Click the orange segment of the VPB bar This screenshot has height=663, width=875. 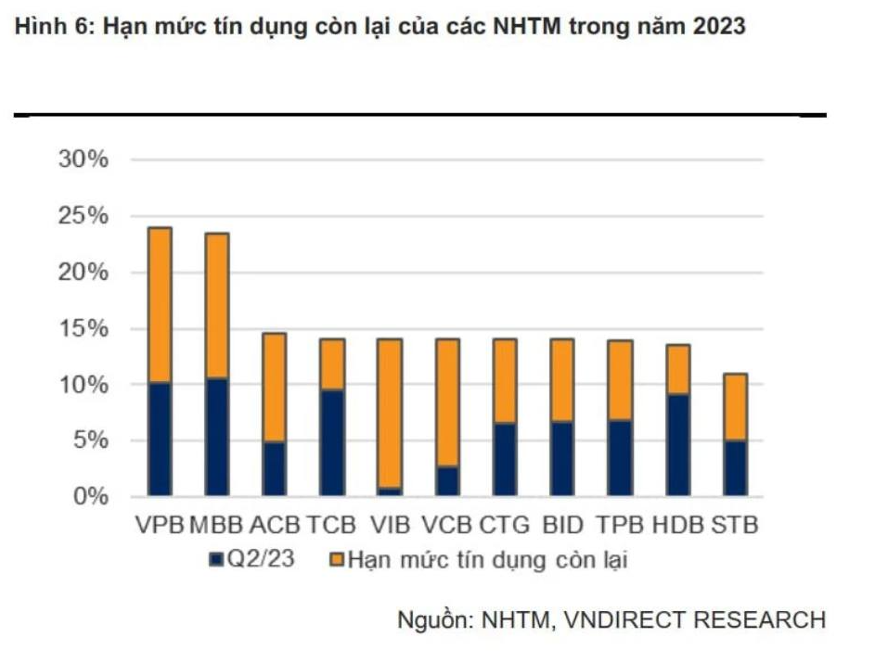(160, 304)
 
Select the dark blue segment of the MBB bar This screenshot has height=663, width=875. (216, 436)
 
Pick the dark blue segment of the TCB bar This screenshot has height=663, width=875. (332, 442)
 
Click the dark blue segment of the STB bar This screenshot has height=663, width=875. (734, 467)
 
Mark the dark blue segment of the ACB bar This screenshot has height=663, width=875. (274, 468)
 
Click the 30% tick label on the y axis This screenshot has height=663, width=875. (84, 159)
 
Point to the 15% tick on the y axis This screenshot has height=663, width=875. (84, 328)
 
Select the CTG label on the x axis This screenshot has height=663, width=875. (505, 525)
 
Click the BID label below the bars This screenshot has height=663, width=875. (561, 525)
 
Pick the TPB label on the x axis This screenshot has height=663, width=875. (619, 525)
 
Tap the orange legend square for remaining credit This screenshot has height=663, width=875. (337, 559)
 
